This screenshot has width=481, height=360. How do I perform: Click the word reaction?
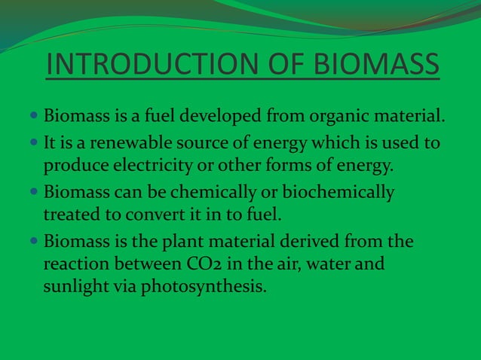pos(77,264)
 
